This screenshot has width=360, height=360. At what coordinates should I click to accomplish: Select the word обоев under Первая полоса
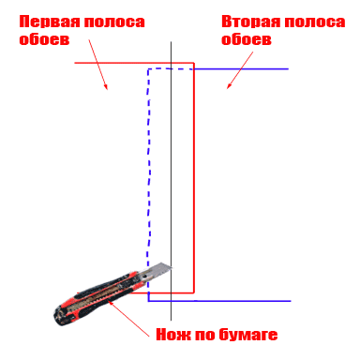click(44, 39)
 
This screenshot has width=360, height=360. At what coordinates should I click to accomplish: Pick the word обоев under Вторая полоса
click(247, 39)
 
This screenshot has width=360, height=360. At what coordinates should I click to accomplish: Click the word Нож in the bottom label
click(171, 334)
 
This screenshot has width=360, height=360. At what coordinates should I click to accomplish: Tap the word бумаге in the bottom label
click(246, 335)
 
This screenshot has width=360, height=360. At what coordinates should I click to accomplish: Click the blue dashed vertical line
click(148, 169)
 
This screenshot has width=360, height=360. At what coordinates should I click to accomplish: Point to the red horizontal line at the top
click(122, 63)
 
